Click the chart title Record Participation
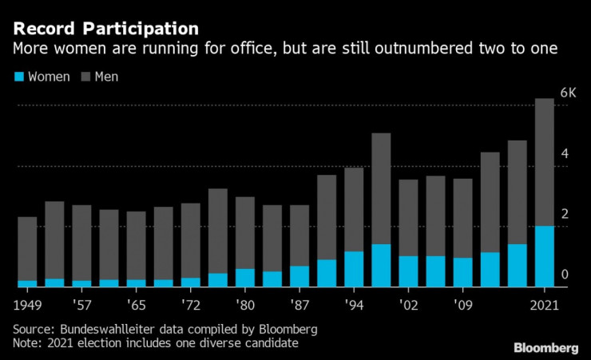tap(105, 28)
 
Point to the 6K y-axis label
tap(568, 93)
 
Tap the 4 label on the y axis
tap(565, 153)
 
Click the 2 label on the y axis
tap(565, 214)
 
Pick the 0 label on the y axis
tap(565, 275)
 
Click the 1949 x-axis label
tap(27, 305)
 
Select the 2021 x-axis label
tap(544, 305)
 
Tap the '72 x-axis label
tap(190, 305)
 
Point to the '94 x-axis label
tap(354, 305)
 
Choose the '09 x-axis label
tap(462, 305)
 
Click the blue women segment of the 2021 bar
tap(544, 256)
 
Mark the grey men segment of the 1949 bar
tap(27, 248)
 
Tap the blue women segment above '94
tap(354, 269)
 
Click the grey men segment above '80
tap(245, 232)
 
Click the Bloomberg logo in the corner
tap(545, 347)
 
